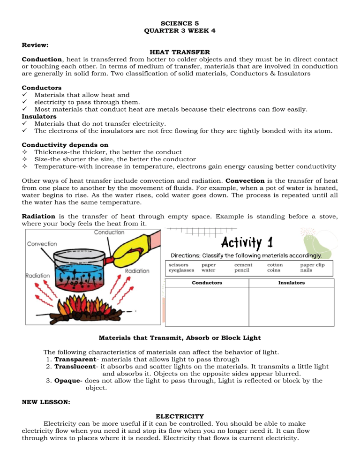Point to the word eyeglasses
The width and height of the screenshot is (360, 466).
coord(181,270)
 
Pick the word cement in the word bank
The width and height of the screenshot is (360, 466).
coord(243,264)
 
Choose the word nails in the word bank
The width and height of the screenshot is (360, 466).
coord(306,270)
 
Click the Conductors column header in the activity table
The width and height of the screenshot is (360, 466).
coord(207,283)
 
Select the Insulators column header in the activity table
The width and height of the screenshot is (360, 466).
coord(291,283)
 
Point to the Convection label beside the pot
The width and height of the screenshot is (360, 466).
coord(42,244)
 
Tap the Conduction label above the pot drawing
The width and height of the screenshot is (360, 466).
coord(109,233)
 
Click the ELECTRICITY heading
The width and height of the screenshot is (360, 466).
coord(180,416)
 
